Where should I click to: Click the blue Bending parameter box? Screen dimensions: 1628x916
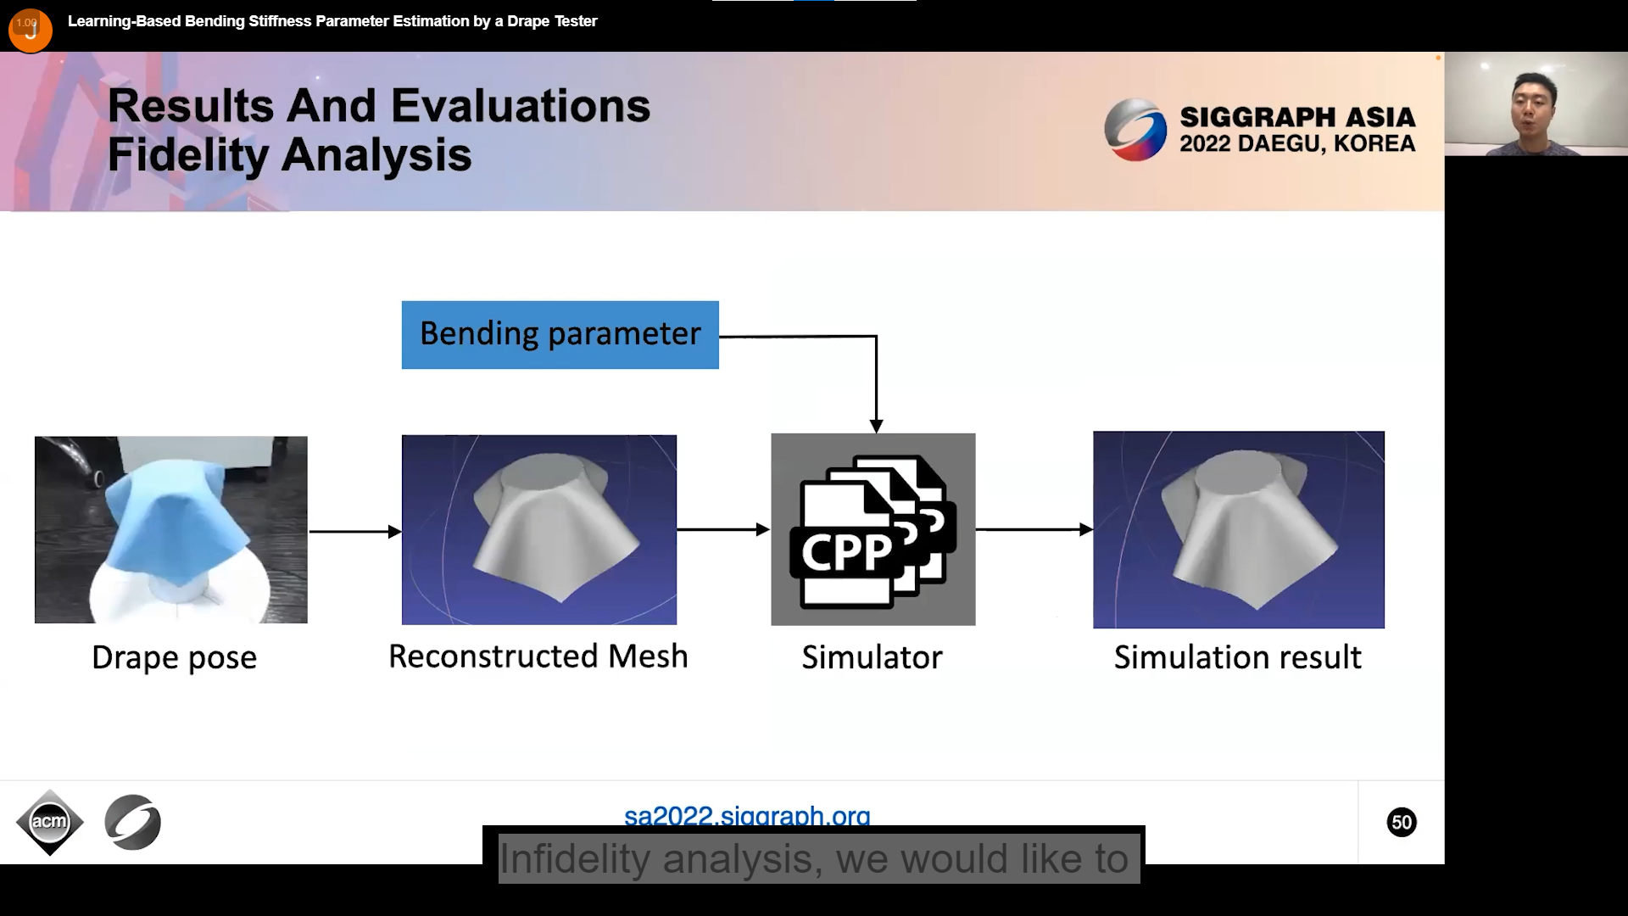coord(560,335)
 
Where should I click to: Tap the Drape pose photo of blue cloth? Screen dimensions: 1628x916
coord(171,530)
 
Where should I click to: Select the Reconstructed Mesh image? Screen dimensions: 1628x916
coord(539,530)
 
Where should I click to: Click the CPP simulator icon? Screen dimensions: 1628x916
coord(873,529)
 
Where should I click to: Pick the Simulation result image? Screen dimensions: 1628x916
coord(1239,530)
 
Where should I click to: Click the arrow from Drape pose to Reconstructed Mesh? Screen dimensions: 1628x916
coord(355,532)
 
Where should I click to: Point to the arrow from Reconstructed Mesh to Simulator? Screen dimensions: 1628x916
coord(723,529)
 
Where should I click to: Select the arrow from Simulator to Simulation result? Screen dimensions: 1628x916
coord(1034,529)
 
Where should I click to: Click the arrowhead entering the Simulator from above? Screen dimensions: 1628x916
coord(876,426)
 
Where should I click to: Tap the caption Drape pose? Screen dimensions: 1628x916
coord(174,658)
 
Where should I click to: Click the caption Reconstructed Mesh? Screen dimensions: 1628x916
coord(538,656)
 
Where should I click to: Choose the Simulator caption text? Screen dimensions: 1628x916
coord(872,657)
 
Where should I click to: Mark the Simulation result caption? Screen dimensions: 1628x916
coord(1238,657)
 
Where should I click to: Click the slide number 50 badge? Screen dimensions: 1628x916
coord(1402,822)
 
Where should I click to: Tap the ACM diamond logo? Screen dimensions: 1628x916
coord(50,822)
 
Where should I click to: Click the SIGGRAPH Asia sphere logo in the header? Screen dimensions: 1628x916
coord(1135,130)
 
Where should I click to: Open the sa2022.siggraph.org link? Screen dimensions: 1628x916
coord(747,815)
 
